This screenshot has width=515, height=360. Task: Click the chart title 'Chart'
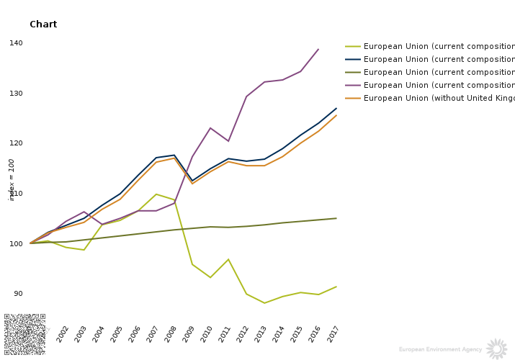coord(43,24)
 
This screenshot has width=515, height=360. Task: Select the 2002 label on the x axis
coord(63,333)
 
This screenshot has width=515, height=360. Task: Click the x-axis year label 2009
coord(189,333)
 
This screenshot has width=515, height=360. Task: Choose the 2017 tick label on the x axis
coord(333,333)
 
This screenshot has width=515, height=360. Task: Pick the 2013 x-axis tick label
coord(261,333)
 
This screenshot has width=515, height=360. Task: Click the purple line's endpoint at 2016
coord(318,50)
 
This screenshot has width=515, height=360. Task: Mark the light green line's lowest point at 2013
coord(264,303)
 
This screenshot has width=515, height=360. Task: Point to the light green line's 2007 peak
coord(156,194)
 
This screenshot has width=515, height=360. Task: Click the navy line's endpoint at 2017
coord(336,109)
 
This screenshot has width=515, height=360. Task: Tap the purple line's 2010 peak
coord(210,128)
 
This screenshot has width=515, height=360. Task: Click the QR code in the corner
coord(24,335)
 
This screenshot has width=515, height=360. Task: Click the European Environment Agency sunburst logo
coord(497,349)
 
